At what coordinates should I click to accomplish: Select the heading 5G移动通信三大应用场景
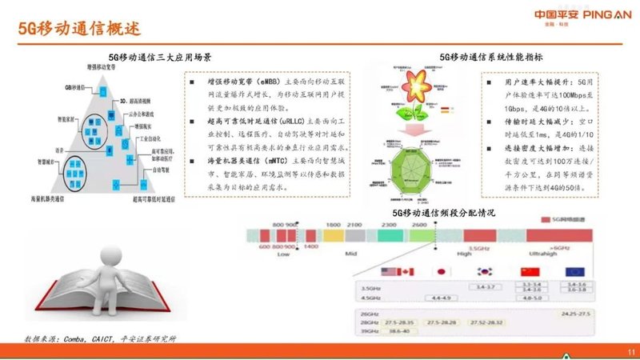point(161,58)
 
